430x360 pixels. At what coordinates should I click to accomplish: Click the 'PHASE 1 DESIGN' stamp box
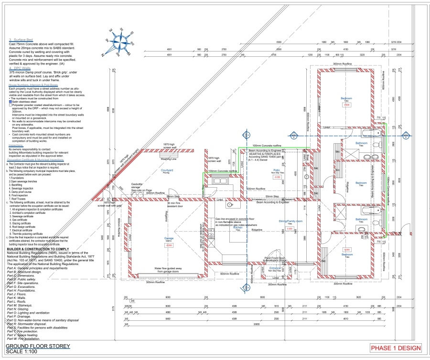point(396,348)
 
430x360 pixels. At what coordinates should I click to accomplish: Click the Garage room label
point(169,238)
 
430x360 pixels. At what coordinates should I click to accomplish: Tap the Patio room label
point(277,170)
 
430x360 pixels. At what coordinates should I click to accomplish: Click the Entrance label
point(275,268)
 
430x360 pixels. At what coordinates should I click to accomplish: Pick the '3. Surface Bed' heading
point(20,40)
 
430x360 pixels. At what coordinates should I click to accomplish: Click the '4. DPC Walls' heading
point(19,68)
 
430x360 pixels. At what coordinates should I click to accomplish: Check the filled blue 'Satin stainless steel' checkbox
point(11,102)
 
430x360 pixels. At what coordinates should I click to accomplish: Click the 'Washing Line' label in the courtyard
point(168,159)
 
